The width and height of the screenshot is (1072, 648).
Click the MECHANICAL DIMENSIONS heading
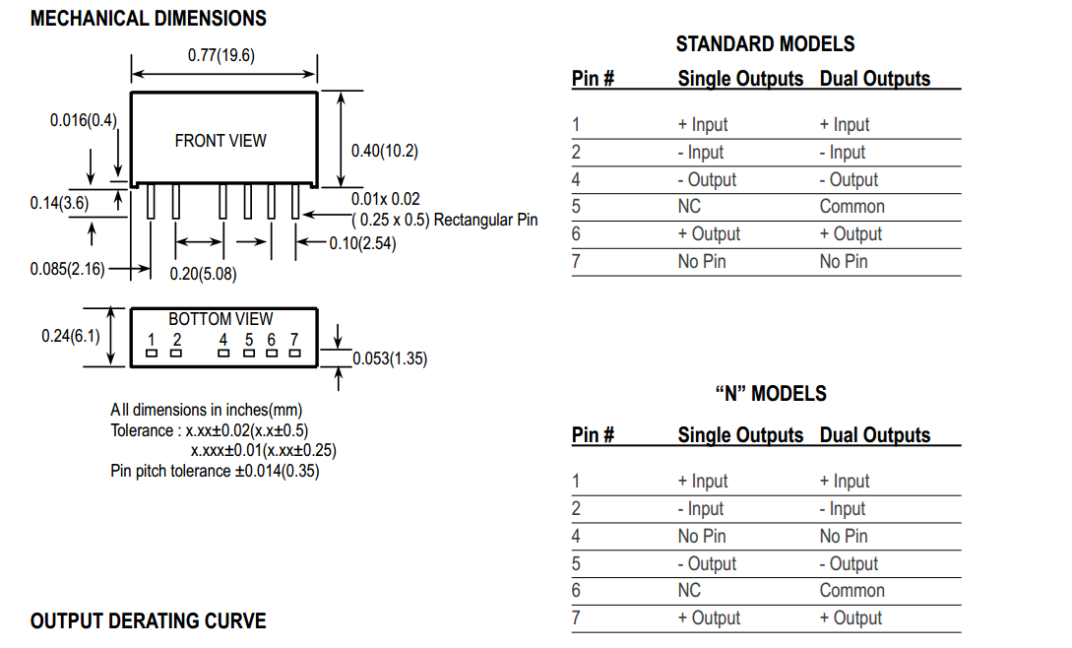tap(149, 19)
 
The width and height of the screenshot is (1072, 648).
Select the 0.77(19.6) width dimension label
tap(221, 55)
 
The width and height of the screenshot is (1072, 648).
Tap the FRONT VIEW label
tap(221, 141)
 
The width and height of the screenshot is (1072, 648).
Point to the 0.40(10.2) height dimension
tap(385, 151)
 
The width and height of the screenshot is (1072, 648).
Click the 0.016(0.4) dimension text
tap(84, 120)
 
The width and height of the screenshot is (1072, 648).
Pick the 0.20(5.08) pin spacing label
tap(203, 274)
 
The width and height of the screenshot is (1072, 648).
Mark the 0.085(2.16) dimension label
tap(67, 269)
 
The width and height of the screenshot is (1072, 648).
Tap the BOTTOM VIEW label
tap(221, 319)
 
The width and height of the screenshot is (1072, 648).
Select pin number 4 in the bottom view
tap(223, 341)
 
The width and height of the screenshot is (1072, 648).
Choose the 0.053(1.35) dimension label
tap(390, 358)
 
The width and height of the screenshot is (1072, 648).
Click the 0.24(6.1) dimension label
tap(71, 336)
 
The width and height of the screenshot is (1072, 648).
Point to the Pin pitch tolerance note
tap(215, 471)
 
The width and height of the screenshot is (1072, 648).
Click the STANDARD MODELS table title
tap(765, 44)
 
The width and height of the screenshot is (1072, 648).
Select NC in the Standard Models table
tap(689, 207)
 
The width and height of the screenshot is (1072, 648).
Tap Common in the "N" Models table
tap(851, 591)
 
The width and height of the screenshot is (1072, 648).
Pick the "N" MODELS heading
tap(770, 394)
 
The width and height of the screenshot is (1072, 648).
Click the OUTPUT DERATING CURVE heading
tap(149, 621)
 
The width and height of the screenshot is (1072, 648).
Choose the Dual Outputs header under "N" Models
tap(874, 435)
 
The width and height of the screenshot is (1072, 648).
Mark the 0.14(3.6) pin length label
tap(59, 204)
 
